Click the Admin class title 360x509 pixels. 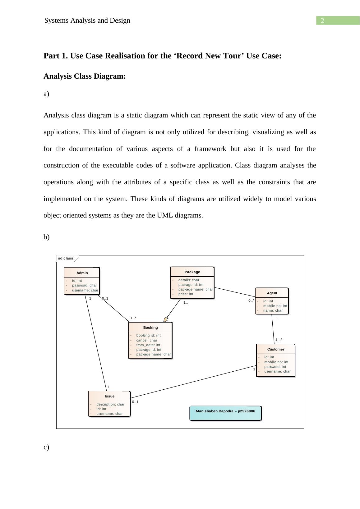coord(82,273)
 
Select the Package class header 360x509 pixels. coord(192,272)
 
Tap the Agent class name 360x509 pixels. coord(272,293)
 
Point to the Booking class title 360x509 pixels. coord(150,328)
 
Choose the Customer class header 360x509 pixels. coord(276,349)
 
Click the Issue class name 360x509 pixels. coord(109,396)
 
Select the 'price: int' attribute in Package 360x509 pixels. coord(186,294)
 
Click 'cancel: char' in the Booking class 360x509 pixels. coord(146,340)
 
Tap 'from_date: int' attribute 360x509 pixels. coord(148,345)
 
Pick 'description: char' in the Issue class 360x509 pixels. coord(110,404)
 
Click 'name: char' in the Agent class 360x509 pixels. coord(273,310)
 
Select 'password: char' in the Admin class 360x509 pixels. coord(84,285)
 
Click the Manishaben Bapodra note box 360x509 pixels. coord(225,413)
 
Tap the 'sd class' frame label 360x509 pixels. coord(66,258)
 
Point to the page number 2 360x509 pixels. coord(322,21)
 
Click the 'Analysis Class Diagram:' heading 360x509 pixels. coord(85,76)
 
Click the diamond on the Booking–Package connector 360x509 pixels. coord(166,319)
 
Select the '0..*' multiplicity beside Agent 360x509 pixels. coord(251,300)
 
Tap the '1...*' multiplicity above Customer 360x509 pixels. coord(279,340)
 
